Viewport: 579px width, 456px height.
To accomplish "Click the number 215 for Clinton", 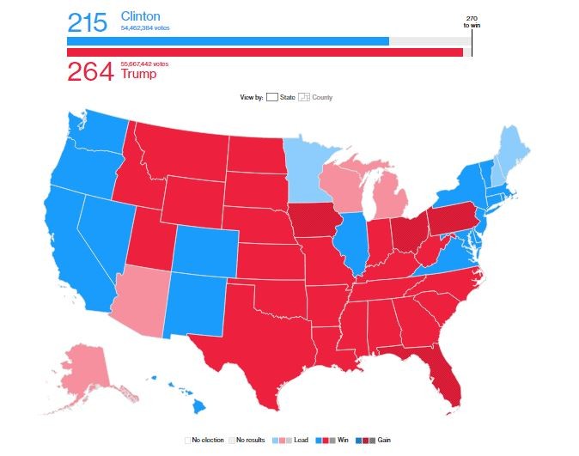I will pos(89,22).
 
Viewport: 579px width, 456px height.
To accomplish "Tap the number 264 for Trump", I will pos(89,72).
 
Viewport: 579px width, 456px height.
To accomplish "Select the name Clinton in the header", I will pos(141,16).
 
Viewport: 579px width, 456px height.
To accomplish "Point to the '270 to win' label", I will pos(472,22).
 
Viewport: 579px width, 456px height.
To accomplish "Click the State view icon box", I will pos(271,97).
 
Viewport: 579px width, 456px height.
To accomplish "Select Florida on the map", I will pos(443,378).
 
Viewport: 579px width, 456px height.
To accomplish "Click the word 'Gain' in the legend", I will pos(383,440).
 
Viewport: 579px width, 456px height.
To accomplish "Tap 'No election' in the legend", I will pos(205,440).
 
